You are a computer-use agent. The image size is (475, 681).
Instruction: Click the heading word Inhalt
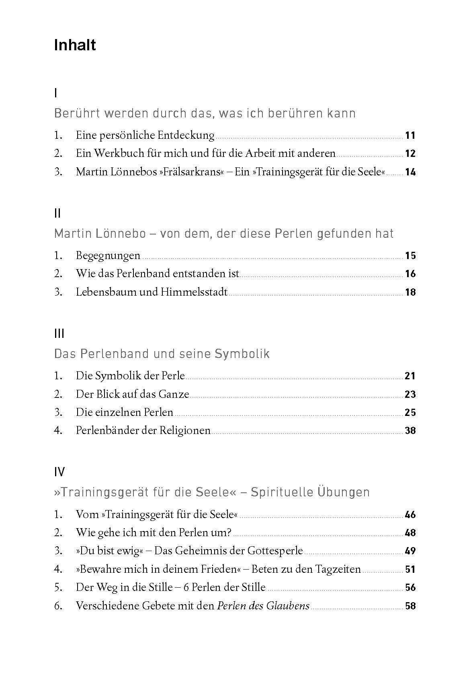(75, 45)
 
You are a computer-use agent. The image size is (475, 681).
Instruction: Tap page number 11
(410, 136)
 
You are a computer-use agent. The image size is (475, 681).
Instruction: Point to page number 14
(410, 172)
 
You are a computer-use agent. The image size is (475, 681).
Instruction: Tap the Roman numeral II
(57, 213)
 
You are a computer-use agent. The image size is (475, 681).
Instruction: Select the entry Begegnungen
(108, 255)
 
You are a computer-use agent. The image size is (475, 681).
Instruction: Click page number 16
(410, 274)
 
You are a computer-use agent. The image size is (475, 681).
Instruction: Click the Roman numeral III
(59, 333)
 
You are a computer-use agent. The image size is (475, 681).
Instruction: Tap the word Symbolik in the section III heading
(242, 354)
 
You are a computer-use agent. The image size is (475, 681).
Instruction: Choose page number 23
(410, 394)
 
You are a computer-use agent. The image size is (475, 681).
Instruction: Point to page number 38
(410, 431)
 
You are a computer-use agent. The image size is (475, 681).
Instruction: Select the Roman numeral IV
(59, 472)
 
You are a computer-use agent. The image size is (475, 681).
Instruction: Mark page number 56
(410, 588)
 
